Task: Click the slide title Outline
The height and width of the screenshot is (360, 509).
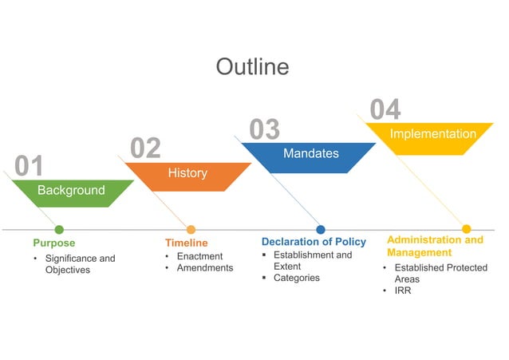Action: pyautogui.click(x=252, y=66)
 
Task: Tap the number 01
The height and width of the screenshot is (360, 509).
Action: pyautogui.click(x=30, y=166)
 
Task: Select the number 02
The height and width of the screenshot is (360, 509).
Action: pyautogui.click(x=145, y=148)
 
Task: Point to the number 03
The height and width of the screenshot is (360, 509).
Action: pyautogui.click(x=264, y=129)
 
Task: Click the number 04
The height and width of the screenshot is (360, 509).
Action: pyautogui.click(x=385, y=110)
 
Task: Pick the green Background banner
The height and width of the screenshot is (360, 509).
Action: pyautogui.click(x=71, y=191)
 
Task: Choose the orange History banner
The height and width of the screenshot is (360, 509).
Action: pyautogui.click(x=187, y=173)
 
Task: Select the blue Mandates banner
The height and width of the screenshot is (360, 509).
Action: pyautogui.click(x=310, y=153)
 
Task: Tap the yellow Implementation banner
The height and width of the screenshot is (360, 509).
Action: pyautogui.click(x=432, y=135)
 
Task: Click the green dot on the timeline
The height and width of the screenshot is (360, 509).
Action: pyautogui.click(x=59, y=230)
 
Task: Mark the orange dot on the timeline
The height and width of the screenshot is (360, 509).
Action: pyautogui.click(x=191, y=230)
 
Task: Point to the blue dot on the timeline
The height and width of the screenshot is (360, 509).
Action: pyautogui.click(x=321, y=230)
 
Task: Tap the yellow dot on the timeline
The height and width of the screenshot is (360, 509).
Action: pyautogui.click(x=467, y=229)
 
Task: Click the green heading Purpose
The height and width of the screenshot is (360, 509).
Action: pyautogui.click(x=53, y=243)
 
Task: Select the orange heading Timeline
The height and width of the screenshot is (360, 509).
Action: pyautogui.click(x=186, y=243)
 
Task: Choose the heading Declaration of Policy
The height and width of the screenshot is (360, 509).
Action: pyautogui.click(x=314, y=242)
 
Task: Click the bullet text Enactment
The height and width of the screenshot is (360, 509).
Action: pyautogui.click(x=199, y=256)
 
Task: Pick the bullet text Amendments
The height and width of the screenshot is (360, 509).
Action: pyautogui.click(x=205, y=268)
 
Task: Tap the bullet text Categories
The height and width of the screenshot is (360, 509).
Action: pyautogui.click(x=296, y=278)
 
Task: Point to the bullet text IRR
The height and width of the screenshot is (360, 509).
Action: pyautogui.click(x=403, y=291)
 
